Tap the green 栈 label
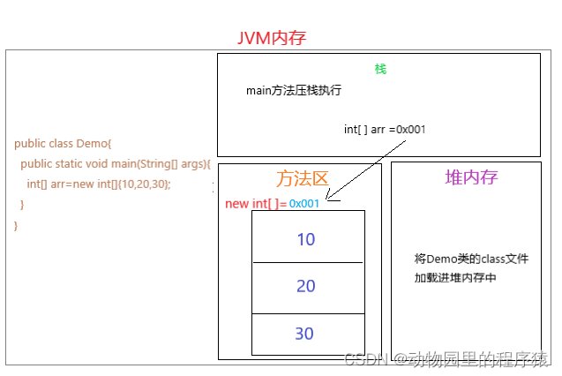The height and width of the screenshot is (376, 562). [x=380, y=69]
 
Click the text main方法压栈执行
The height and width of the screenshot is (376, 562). [x=294, y=91]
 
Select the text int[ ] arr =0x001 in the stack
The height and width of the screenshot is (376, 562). [x=385, y=129]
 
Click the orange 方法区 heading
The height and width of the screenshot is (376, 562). [x=302, y=178]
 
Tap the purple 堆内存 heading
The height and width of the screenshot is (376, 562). [x=472, y=177]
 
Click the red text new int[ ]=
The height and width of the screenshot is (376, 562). [x=256, y=204]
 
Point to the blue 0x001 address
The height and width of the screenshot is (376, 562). [x=303, y=204]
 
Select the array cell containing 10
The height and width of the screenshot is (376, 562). [x=306, y=239]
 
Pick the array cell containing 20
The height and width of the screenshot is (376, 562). [x=306, y=286]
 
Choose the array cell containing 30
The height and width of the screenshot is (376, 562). [x=306, y=334]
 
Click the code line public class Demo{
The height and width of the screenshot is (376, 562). [x=63, y=143]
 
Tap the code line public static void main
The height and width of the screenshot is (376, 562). [x=115, y=163]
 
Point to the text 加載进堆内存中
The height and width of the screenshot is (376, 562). [x=455, y=277]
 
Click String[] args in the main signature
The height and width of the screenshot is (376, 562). [x=176, y=163]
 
